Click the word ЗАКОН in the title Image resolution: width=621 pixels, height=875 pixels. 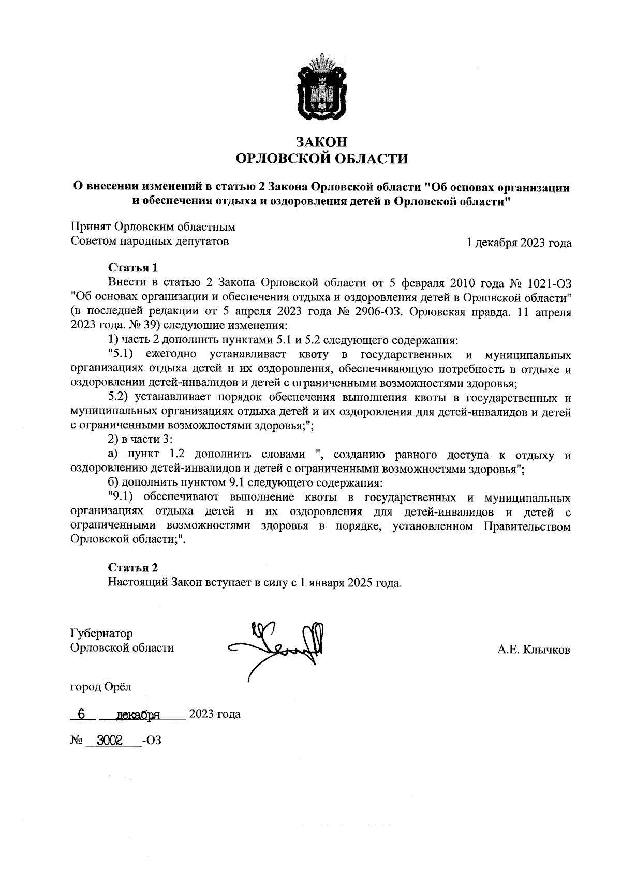(x=321, y=141)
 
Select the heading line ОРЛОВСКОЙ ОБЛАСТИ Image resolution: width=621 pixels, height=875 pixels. (x=321, y=158)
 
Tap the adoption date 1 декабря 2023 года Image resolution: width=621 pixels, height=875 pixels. (x=519, y=243)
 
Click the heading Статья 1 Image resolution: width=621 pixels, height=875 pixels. (x=132, y=268)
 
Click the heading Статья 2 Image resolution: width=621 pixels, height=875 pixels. (x=132, y=568)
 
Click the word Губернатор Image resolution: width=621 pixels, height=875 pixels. (x=101, y=633)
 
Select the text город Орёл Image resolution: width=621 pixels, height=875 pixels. (x=101, y=687)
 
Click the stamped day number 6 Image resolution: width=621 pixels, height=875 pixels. (x=81, y=714)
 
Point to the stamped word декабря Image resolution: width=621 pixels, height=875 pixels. (x=137, y=715)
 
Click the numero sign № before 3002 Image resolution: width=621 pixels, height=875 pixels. (x=76, y=741)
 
